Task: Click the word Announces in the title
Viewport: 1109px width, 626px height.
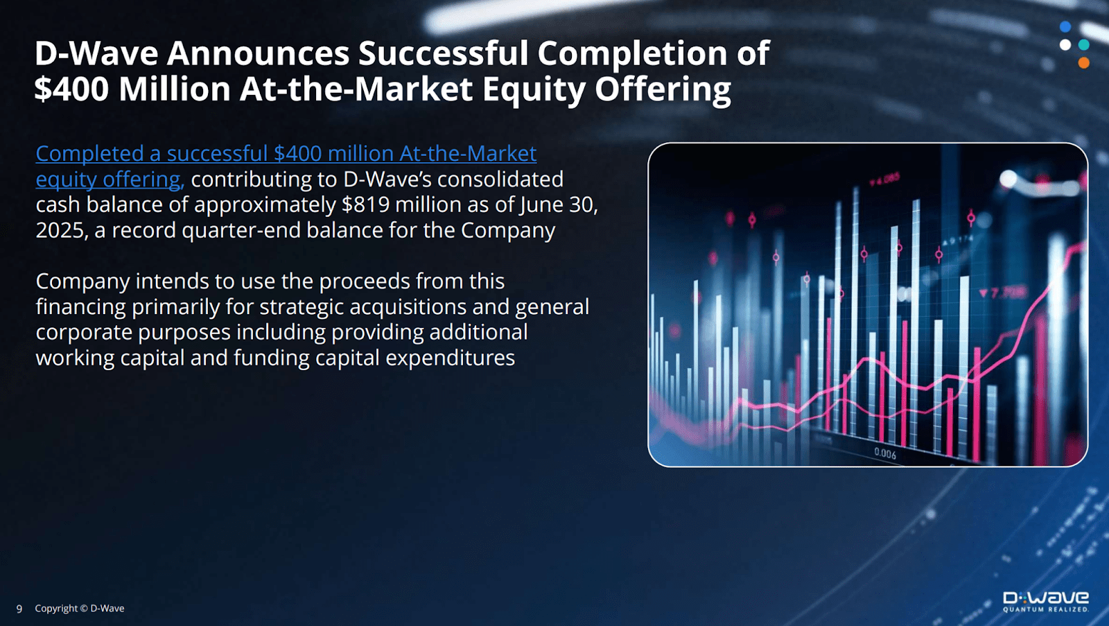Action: pos(258,53)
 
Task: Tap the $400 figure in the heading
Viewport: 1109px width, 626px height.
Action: pos(71,89)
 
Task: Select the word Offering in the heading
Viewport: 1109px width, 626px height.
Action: pos(663,90)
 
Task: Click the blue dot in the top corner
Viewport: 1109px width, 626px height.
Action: pos(1065,26)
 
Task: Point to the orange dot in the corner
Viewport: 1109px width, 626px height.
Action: pos(1084,63)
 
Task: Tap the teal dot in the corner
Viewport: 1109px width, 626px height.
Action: pos(1084,44)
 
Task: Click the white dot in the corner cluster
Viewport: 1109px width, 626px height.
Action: pos(1065,44)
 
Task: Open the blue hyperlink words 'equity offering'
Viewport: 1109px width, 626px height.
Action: pos(110,180)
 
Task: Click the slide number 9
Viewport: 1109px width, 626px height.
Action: pos(19,609)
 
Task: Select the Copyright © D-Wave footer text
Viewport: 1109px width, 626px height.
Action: pos(79,608)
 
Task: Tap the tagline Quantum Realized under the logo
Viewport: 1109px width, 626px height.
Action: pos(1046,609)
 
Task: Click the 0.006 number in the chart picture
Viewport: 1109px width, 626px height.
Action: pos(884,453)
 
